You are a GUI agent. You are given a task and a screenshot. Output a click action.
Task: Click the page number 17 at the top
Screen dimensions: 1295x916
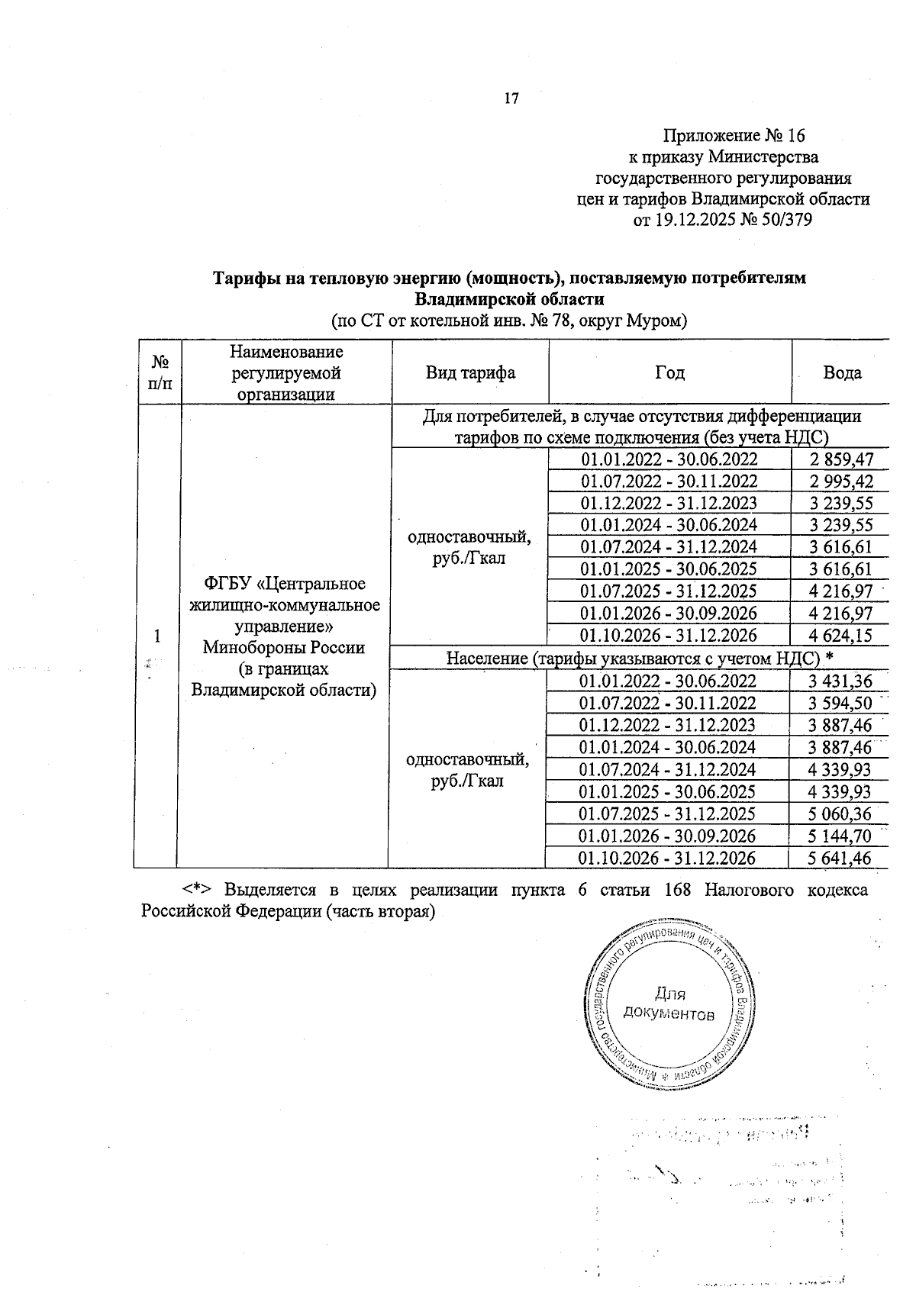pos(511,98)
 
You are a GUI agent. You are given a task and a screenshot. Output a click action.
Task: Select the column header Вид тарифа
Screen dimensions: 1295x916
pos(470,373)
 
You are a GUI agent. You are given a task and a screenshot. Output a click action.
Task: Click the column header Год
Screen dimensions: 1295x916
pos(669,373)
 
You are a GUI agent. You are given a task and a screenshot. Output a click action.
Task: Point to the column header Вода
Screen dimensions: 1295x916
pos(842,373)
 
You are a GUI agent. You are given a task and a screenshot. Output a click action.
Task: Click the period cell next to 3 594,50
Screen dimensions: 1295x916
pos(668,704)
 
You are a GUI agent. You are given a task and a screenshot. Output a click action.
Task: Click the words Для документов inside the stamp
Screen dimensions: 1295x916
pos(669,1004)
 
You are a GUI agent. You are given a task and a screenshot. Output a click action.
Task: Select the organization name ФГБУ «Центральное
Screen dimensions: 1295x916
pos(285,584)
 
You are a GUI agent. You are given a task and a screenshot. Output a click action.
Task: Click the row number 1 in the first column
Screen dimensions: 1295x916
pos(157,636)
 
